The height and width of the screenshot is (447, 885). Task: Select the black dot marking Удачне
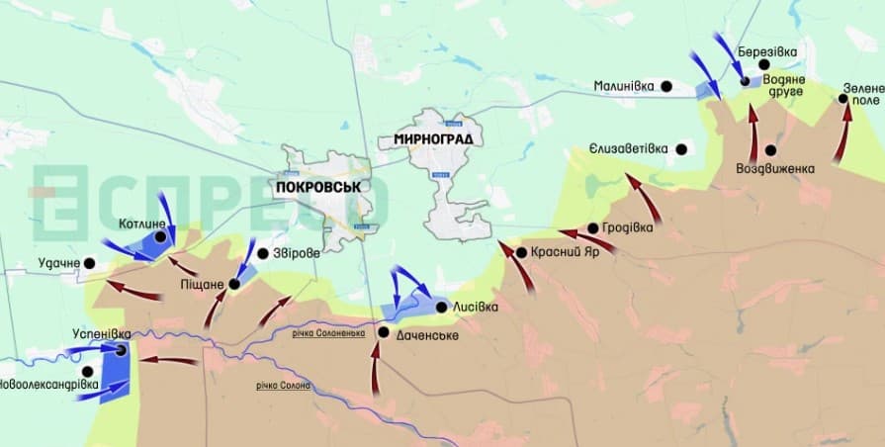pos(90,263)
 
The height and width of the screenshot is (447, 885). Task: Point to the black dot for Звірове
pos(262,253)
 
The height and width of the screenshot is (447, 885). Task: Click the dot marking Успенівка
pos(121,349)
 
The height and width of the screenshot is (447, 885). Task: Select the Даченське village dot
pos(383,332)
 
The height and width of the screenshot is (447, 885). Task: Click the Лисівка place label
pos(475,307)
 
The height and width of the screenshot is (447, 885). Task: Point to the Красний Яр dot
pos(521,252)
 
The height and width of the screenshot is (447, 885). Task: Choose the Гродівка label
pos(629,228)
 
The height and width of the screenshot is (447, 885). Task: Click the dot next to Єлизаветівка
pos(680,148)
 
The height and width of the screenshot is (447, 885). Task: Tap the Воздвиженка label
pos(775,168)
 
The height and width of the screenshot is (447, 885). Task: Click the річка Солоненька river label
pos(329,332)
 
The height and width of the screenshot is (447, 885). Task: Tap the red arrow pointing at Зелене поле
pos(842,134)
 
